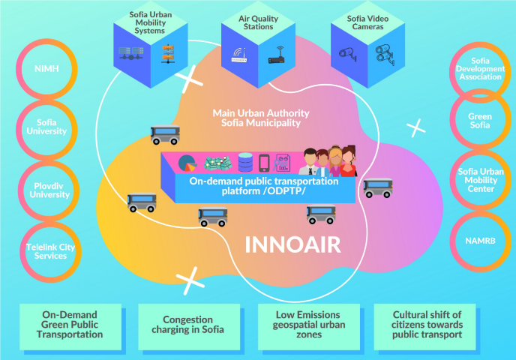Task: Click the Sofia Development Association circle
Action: point(480,70)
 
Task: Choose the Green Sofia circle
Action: point(480,121)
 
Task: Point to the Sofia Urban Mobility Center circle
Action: point(480,180)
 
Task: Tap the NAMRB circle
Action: point(480,241)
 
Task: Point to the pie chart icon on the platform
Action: point(187,163)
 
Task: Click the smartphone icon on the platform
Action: point(264,163)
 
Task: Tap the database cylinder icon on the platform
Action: point(245,163)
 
